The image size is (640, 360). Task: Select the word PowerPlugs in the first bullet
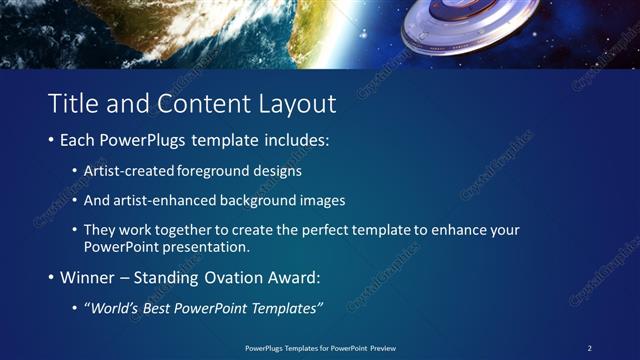point(147,141)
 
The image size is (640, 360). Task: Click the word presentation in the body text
point(205,246)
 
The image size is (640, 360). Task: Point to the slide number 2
point(589,348)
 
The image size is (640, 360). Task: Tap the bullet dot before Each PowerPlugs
point(52,141)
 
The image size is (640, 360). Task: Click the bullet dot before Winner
point(52,278)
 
